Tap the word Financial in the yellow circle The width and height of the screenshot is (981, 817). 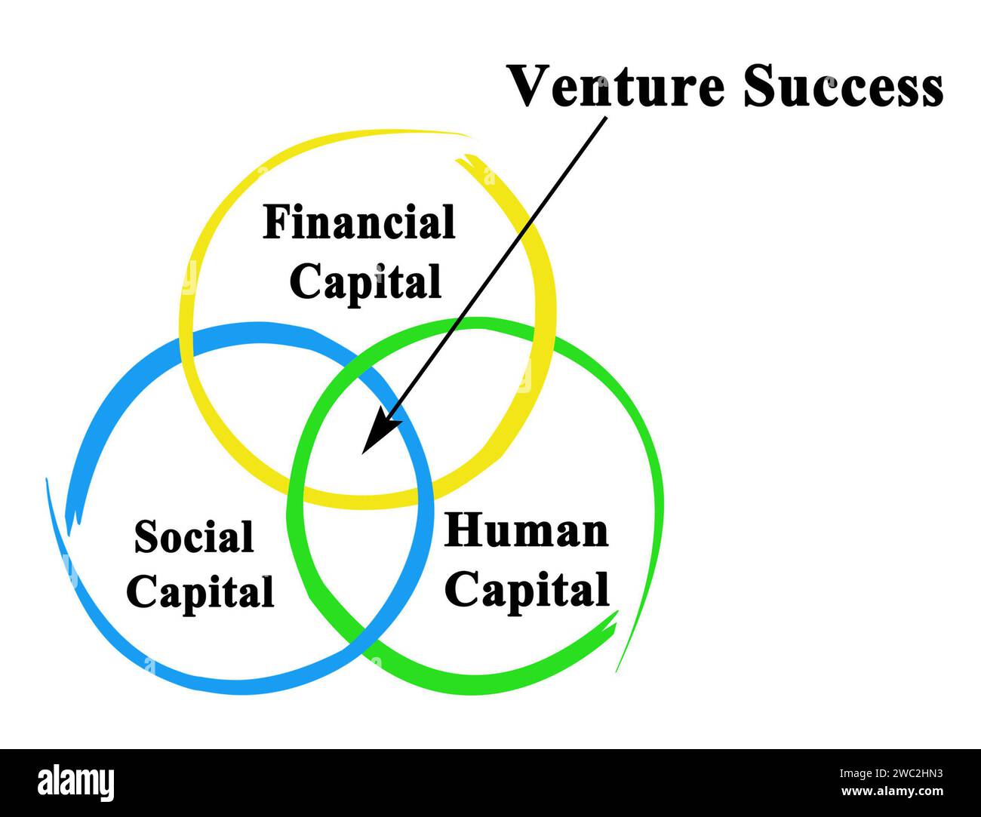pyautogui.click(x=359, y=224)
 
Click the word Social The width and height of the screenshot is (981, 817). pyautogui.click(x=194, y=538)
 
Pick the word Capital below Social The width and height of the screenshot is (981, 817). pyautogui.click(x=200, y=592)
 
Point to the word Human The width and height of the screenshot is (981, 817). pyautogui.click(x=527, y=531)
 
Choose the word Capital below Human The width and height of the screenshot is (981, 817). pyautogui.click(x=527, y=589)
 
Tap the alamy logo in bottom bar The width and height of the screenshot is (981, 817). pyautogui.click(x=76, y=782)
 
